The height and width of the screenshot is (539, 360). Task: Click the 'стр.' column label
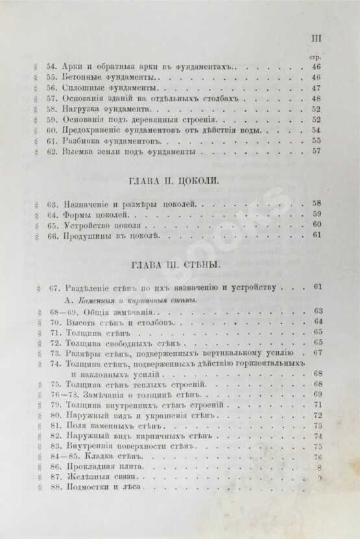(317, 56)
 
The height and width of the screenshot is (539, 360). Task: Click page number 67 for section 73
(317, 353)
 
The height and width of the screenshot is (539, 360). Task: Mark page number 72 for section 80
(317, 415)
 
